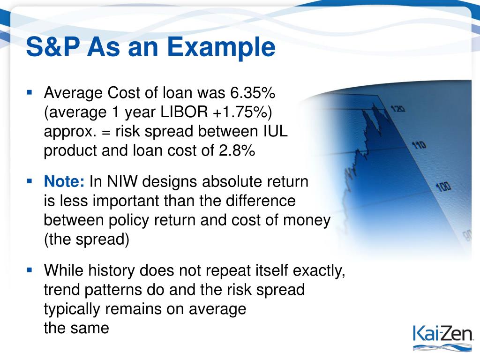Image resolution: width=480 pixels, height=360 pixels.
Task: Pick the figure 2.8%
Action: coord(237,150)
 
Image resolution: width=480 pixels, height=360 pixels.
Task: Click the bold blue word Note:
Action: coord(64,181)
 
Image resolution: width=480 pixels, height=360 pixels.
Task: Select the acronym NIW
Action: coord(122,181)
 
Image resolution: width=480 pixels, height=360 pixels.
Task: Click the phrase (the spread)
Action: coord(87,239)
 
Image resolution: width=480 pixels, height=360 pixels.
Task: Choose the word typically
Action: coord(72,309)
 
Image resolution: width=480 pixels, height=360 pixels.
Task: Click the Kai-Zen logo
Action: coord(442,337)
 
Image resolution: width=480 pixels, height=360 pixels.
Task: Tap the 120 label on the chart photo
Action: coord(397,108)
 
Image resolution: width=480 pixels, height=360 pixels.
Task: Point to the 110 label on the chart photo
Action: coord(419,145)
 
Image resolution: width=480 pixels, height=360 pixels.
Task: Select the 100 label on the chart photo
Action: coord(443,187)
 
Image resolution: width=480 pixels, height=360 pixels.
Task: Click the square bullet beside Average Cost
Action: coord(30,92)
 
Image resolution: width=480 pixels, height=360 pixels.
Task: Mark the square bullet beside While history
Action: coord(30,270)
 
